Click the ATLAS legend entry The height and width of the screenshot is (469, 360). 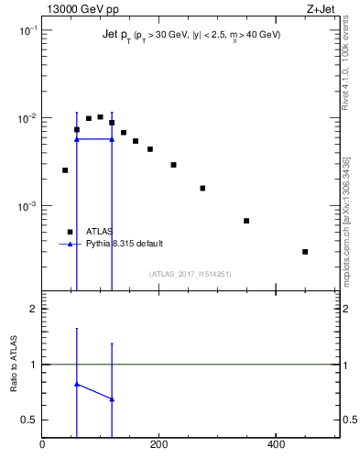[x=99, y=232]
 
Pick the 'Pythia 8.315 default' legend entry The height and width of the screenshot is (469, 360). [x=125, y=244]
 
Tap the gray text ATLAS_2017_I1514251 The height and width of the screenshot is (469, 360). [x=191, y=274]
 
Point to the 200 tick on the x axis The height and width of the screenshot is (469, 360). [x=159, y=445]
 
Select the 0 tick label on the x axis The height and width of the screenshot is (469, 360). [x=42, y=445]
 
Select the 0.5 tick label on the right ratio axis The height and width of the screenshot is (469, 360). [x=349, y=420]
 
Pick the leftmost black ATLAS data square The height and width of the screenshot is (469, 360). [x=65, y=170]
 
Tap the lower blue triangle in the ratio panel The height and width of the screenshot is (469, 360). [x=112, y=399]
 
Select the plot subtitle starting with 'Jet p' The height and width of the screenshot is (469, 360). [x=191, y=35]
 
